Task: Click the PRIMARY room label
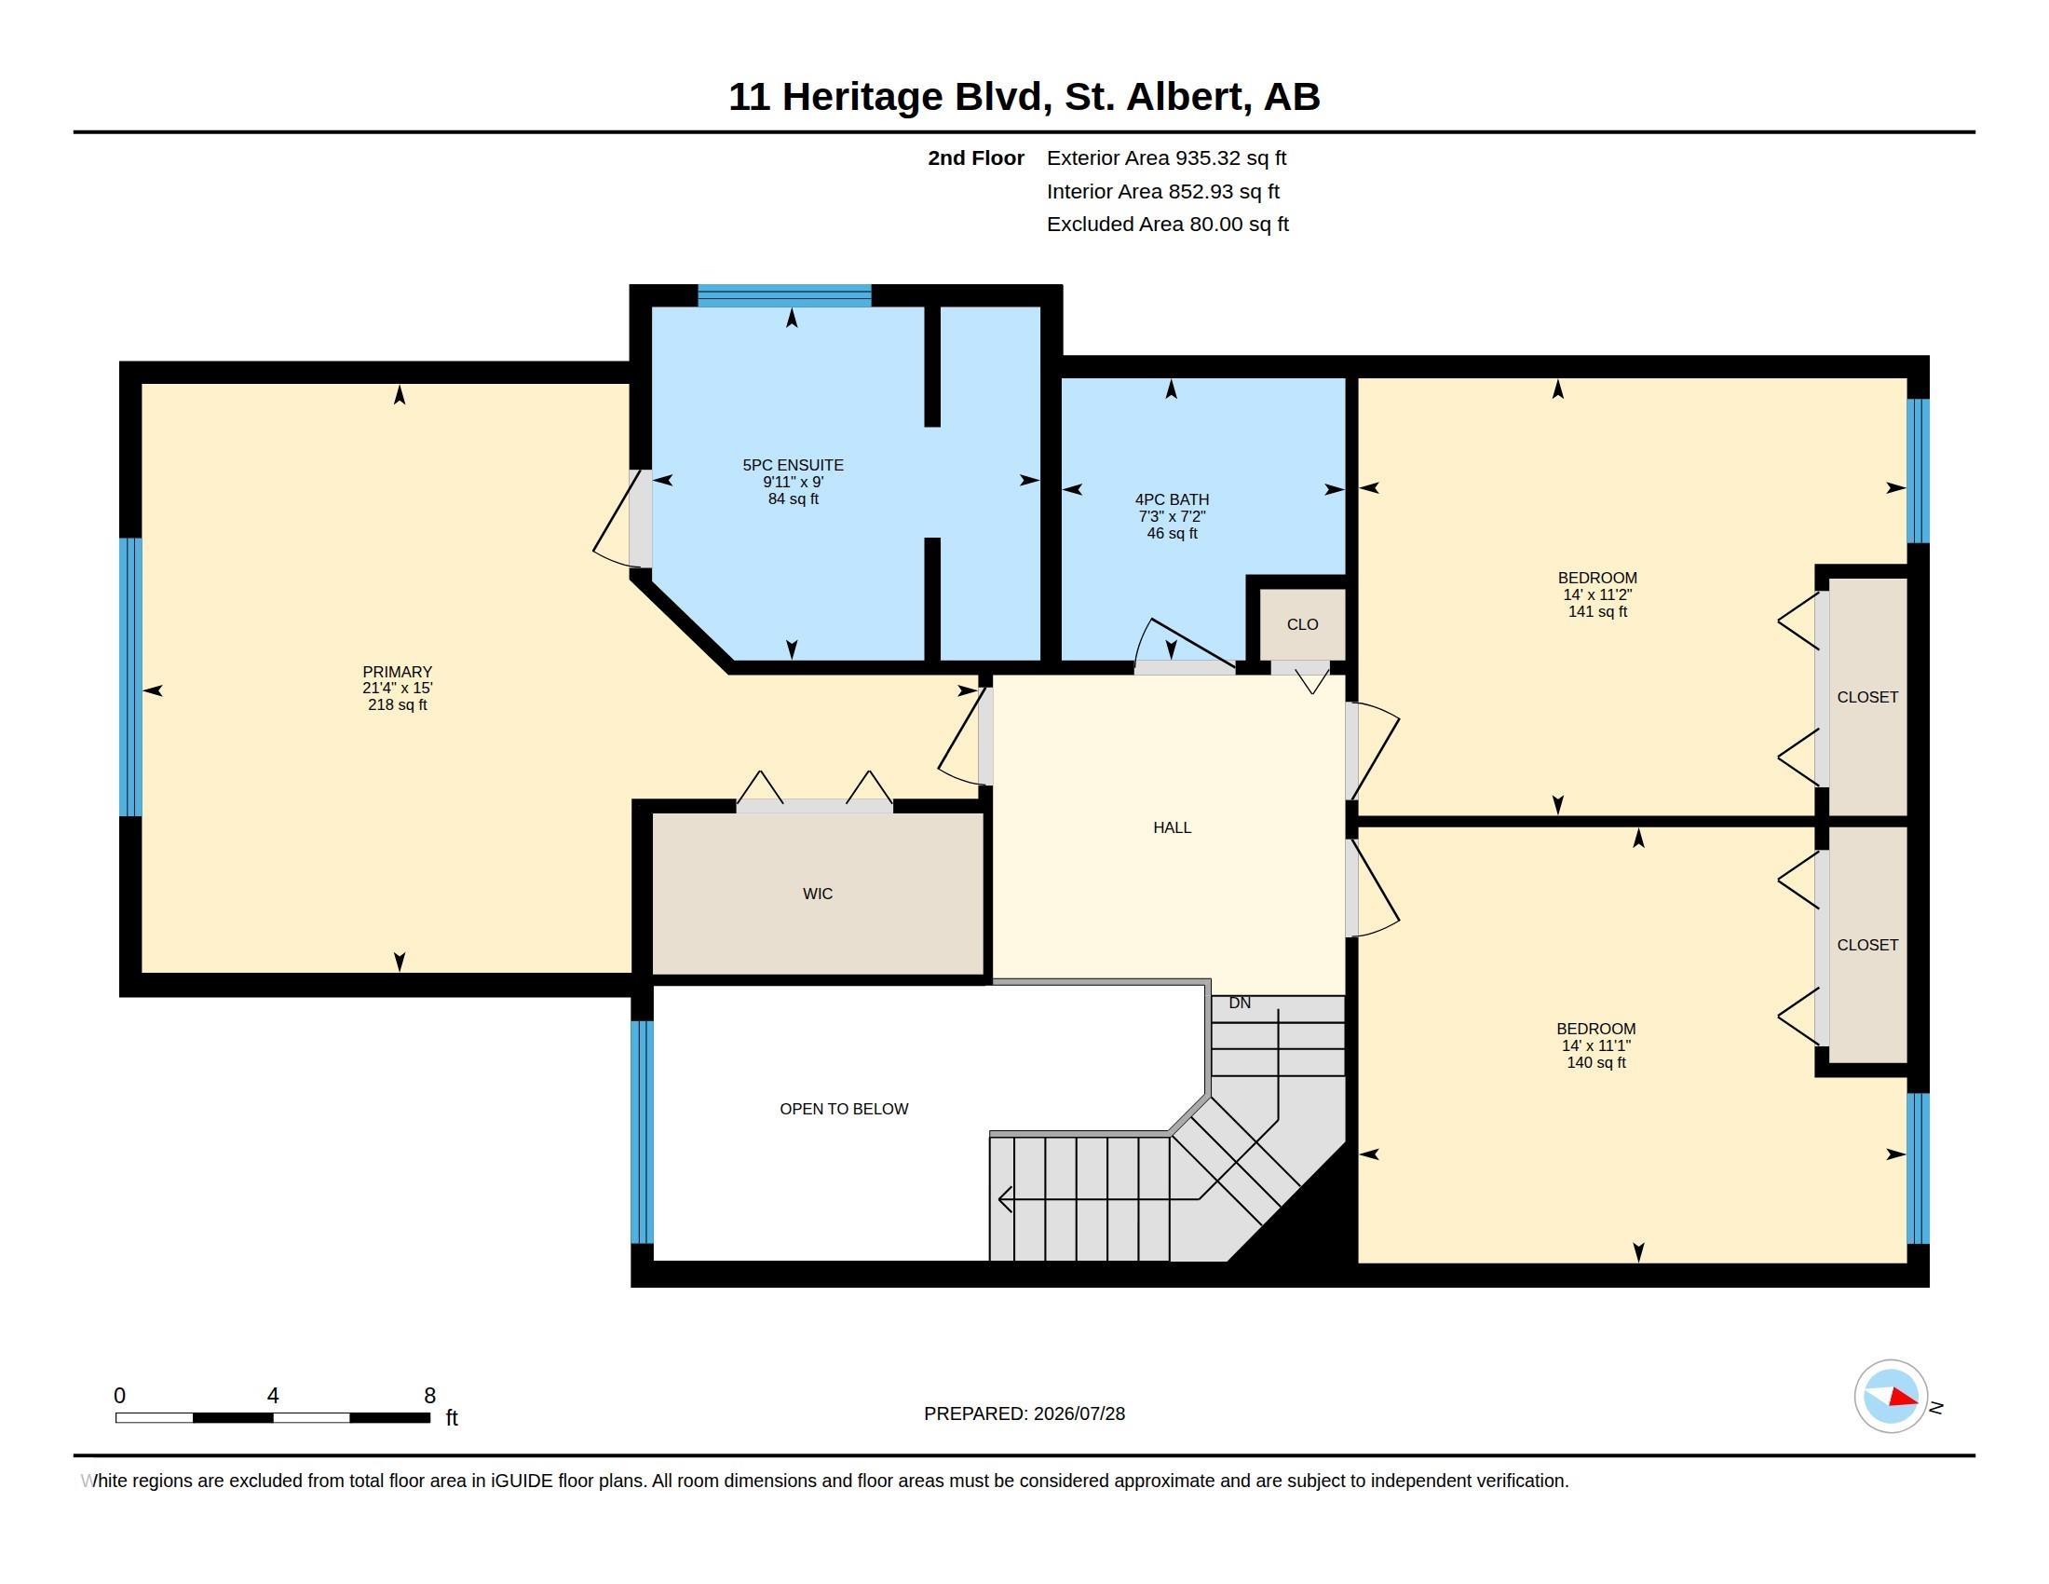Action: click(x=397, y=672)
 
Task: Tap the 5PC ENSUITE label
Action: click(x=793, y=466)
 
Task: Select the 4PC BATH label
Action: click(x=1172, y=500)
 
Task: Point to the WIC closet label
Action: click(x=817, y=894)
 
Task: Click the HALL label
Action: click(x=1172, y=827)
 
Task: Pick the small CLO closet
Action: click(x=1302, y=624)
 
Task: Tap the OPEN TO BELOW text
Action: click(x=844, y=1109)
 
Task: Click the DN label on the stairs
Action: click(x=1240, y=1004)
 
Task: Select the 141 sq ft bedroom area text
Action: click(x=1596, y=612)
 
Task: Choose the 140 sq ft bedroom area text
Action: click(x=1595, y=1063)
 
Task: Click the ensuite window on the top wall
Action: click(x=784, y=295)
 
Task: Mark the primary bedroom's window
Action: click(x=130, y=676)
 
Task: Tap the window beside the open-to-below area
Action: click(x=642, y=1132)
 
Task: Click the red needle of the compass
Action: click(x=1904, y=1399)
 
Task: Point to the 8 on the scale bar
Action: click(x=429, y=1396)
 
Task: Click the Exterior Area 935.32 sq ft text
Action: click(x=1166, y=158)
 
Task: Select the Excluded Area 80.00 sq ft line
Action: click(x=1167, y=225)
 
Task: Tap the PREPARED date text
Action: click(x=1024, y=1413)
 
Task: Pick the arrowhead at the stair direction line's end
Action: click(x=1005, y=1199)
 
